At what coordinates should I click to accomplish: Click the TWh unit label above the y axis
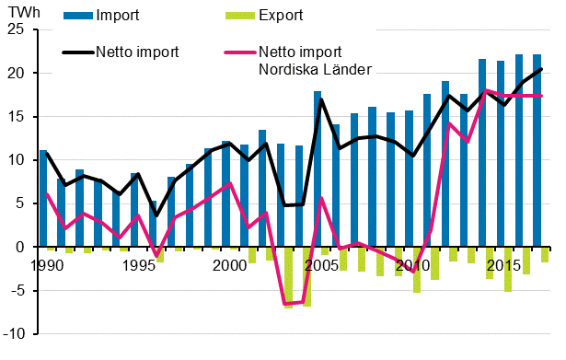point(17,13)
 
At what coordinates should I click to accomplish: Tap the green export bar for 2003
point(288,277)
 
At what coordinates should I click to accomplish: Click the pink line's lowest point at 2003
point(284,304)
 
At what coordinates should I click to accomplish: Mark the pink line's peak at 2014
point(485,90)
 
